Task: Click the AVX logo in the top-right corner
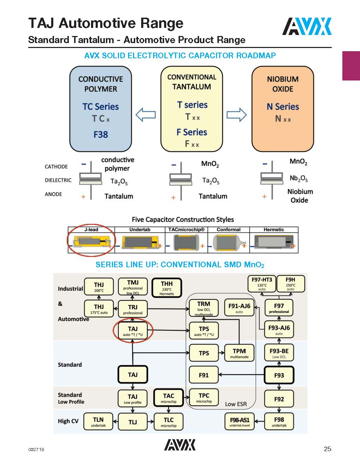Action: tap(307, 26)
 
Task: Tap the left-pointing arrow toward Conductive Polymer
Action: tap(145, 115)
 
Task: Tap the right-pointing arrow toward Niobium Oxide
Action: tap(236, 115)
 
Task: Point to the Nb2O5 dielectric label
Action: tap(299, 179)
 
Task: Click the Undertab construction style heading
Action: tap(140, 230)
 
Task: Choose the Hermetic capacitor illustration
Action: tap(274, 244)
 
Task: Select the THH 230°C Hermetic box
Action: tap(167, 288)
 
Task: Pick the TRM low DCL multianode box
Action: tap(204, 308)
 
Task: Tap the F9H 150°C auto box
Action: tap(290, 284)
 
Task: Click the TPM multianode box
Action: tap(239, 353)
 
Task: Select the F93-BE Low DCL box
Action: tap(279, 353)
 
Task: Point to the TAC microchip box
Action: tap(168, 398)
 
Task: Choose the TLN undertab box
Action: tap(98, 422)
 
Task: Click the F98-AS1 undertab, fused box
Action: tap(240, 422)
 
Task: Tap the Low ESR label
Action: tap(236, 404)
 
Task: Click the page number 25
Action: tap(327, 449)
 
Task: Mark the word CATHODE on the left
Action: tap(56, 167)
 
